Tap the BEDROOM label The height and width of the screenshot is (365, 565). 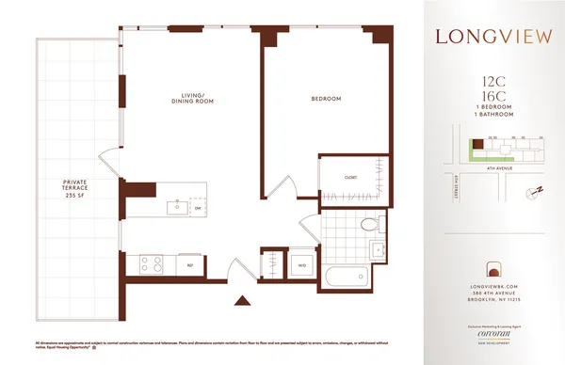(326, 99)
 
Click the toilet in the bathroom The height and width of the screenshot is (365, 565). (370, 224)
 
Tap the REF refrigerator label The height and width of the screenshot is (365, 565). (190, 264)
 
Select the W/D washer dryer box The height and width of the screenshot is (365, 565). (301, 263)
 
